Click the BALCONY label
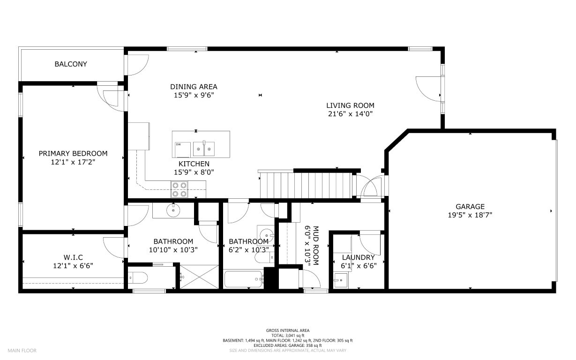(71, 64)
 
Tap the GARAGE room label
(470, 207)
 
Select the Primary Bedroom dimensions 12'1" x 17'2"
(73, 162)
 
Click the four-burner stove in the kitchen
(179, 189)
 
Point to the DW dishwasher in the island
(183, 150)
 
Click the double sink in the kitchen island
(204, 149)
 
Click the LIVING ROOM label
(350, 105)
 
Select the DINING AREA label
(194, 87)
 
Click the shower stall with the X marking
(199, 277)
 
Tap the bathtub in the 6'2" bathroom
(244, 279)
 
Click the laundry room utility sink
(341, 280)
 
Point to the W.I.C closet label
(73, 257)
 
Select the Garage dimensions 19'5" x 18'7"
(470, 215)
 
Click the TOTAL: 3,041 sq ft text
(288, 336)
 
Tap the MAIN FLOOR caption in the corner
(22, 351)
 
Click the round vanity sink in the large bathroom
(173, 210)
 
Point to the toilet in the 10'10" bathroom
(138, 278)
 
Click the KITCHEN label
(194, 164)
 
